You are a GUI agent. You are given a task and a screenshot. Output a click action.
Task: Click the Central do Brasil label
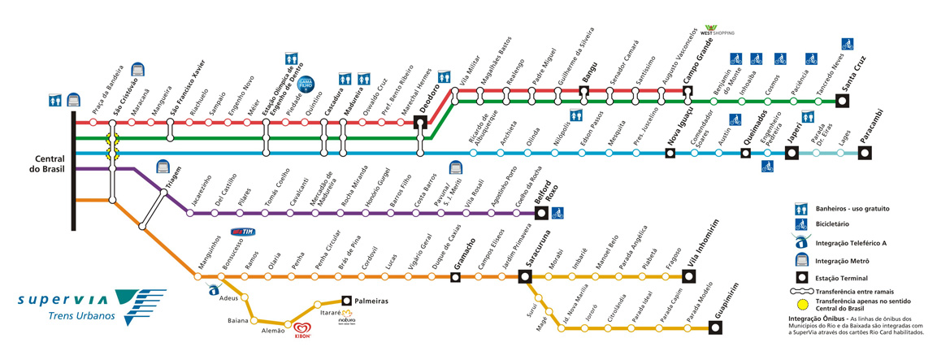tap(50, 163)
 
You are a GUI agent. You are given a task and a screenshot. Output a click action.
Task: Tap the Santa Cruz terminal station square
tap(843, 102)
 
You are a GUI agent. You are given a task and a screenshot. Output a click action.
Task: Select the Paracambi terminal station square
tap(865, 153)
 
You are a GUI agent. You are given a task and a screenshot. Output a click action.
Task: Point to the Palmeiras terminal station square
tap(347, 300)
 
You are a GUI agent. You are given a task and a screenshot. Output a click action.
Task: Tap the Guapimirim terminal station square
tap(716, 328)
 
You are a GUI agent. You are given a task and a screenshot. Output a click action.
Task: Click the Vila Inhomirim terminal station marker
tap(689, 276)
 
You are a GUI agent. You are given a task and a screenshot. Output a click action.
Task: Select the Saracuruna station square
tap(525, 276)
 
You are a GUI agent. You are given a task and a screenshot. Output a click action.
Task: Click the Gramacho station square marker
tap(456, 276)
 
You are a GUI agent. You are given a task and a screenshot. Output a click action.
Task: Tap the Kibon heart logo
tap(302, 329)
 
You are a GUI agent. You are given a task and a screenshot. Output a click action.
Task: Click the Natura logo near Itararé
tap(348, 316)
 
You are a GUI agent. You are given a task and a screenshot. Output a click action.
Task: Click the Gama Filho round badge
tap(306, 81)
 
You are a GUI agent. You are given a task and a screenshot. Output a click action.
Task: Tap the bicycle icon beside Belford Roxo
tap(558, 214)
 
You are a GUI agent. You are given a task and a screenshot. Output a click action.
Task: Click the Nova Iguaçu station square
tap(670, 153)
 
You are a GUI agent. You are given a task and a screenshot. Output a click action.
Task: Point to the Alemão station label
tap(272, 331)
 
